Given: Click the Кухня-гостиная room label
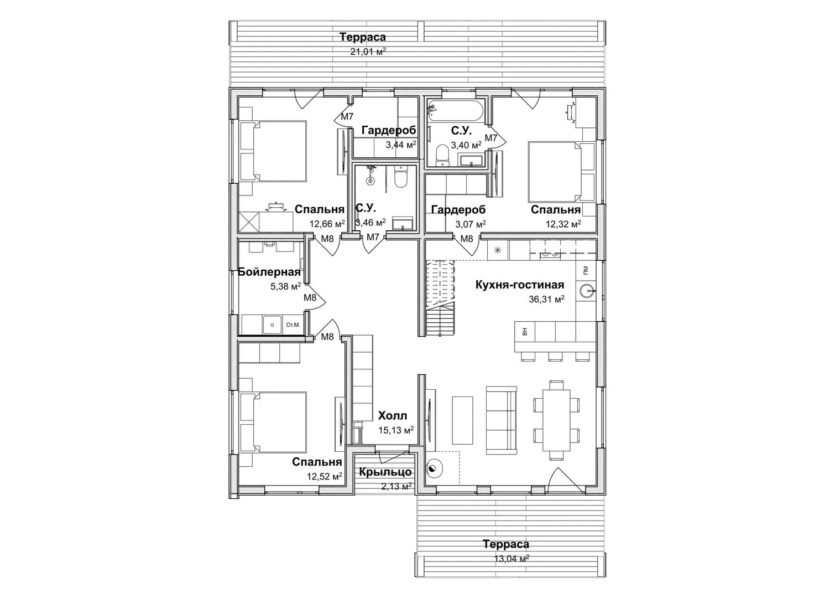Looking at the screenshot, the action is pyautogui.click(x=520, y=285).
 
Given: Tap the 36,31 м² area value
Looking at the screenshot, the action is pyautogui.click(x=546, y=299).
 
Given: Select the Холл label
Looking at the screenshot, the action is pyautogui.click(x=393, y=415).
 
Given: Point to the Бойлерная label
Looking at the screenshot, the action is pyautogui.click(x=269, y=272).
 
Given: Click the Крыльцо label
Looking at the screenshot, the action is pyautogui.click(x=385, y=472).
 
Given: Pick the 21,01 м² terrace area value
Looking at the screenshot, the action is pyautogui.click(x=368, y=51).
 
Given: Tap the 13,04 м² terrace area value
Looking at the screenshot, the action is pyautogui.click(x=512, y=559).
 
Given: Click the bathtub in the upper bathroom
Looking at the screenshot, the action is pyautogui.click(x=456, y=111).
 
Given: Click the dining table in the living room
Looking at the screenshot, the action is pyautogui.click(x=556, y=420).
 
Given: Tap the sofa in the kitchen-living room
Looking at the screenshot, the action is pyautogui.click(x=502, y=420).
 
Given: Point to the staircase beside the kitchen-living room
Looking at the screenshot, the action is pyautogui.click(x=441, y=297).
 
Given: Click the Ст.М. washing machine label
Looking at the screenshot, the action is pyautogui.click(x=293, y=325).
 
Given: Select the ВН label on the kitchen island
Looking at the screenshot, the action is pyautogui.click(x=525, y=331).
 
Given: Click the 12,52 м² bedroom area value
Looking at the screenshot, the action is pyautogui.click(x=325, y=476).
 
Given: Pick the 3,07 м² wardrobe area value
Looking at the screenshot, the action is pyautogui.click(x=471, y=224).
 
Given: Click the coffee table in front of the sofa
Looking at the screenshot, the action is pyautogui.click(x=463, y=420).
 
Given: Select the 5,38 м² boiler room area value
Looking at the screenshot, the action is pyautogui.click(x=285, y=286).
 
